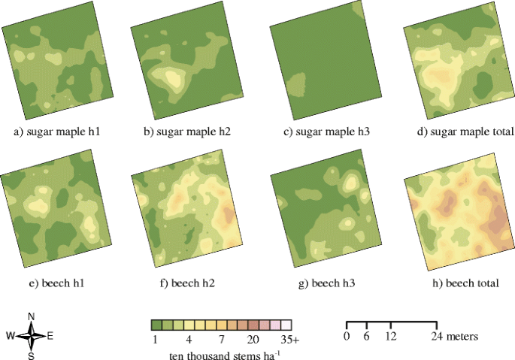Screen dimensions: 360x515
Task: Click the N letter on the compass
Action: (31, 316)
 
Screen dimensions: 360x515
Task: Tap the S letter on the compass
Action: (31, 356)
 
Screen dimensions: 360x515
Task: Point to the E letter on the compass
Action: (50, 337)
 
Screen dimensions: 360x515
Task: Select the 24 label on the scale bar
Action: (436, 335)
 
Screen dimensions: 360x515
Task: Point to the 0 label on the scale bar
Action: (347, 335)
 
